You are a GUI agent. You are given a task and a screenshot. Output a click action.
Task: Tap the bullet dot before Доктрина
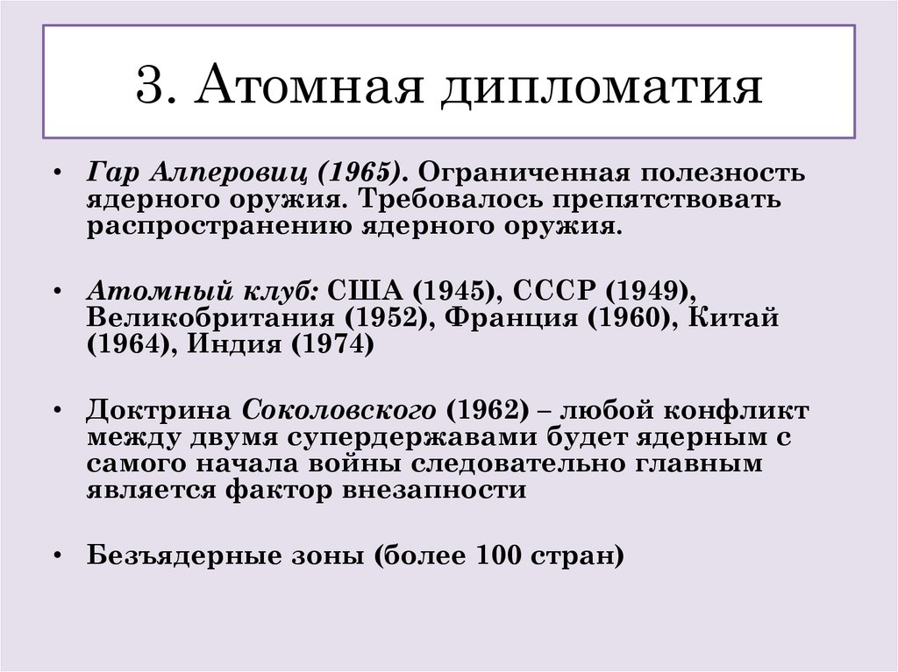(58, 411)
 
